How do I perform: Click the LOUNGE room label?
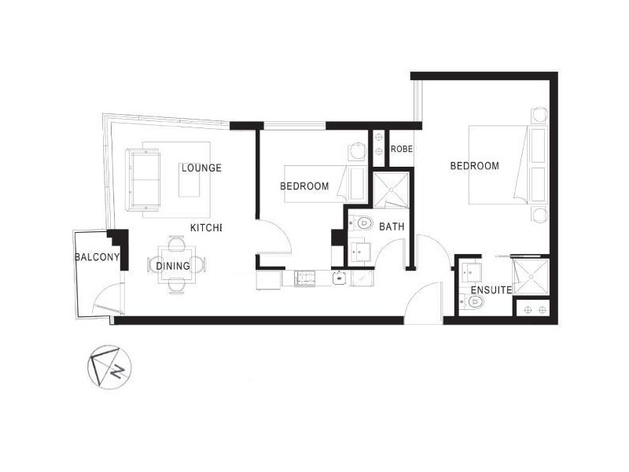(200, 168)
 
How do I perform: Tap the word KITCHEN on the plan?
(206, 228)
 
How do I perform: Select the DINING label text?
(172, 266)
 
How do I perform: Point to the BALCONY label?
(97, 257)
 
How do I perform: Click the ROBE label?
(402, 149)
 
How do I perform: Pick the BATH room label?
(391, 227)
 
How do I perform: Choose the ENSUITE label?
(491, 290)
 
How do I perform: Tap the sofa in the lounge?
(142, 179)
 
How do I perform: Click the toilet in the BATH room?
(362, 224)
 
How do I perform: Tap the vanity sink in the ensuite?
(472, 272)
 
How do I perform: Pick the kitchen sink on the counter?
(340, 277)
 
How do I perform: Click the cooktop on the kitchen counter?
(304, 277)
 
